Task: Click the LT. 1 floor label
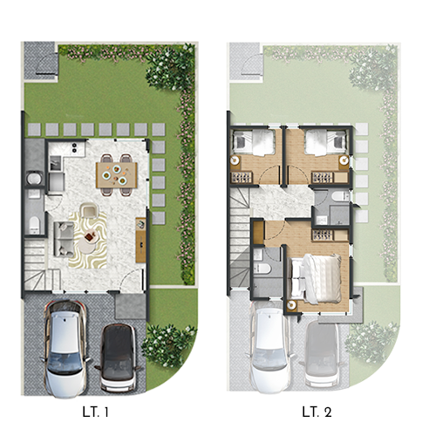point(96,412)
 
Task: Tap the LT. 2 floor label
point(317,412)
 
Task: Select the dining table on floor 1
point(117,174)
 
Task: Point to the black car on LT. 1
point(119,358)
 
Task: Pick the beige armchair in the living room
point(89,210)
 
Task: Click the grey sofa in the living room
point(64,239)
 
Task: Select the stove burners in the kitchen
point(74,147)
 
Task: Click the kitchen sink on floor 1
point(56,163)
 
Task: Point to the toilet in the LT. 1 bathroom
point(34,224)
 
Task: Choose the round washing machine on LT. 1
point(34,179)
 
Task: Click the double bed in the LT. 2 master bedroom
point(316,279)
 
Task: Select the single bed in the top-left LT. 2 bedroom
point(254,142)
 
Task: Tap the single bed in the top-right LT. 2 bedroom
point(325,142)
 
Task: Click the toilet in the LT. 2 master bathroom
point(262,269)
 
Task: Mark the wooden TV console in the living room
point(141,240)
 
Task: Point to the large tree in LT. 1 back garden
point(169,69)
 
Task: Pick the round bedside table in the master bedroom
point(291,306)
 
